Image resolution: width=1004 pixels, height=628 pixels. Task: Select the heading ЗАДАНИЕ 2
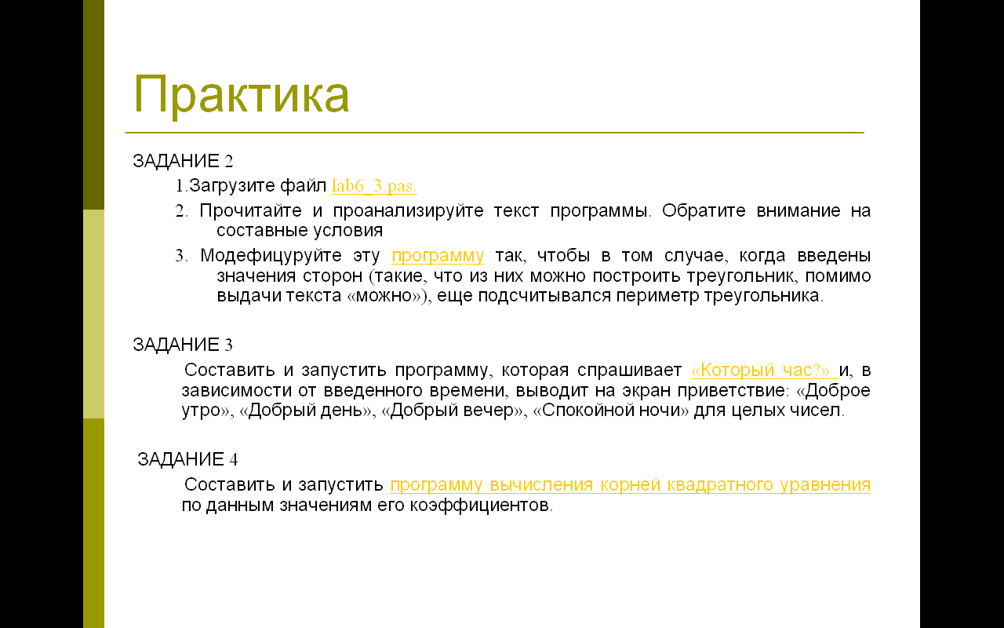183,161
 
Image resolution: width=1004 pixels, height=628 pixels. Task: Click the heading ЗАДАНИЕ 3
183,345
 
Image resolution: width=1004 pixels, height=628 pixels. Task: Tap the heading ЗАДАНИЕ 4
187,459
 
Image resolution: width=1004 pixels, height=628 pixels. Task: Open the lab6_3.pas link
374,186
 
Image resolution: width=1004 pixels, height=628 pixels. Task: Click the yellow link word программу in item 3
438,256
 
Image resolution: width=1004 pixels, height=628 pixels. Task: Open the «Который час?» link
764,370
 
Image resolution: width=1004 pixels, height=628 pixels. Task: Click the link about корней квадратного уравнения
630,485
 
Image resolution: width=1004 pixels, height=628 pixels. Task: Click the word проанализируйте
409,211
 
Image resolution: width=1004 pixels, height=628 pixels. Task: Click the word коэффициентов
480,506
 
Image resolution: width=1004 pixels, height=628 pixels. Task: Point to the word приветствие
733,391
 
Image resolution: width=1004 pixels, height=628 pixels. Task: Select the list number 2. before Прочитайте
181,211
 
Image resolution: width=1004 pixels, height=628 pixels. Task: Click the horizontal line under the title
494,133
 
